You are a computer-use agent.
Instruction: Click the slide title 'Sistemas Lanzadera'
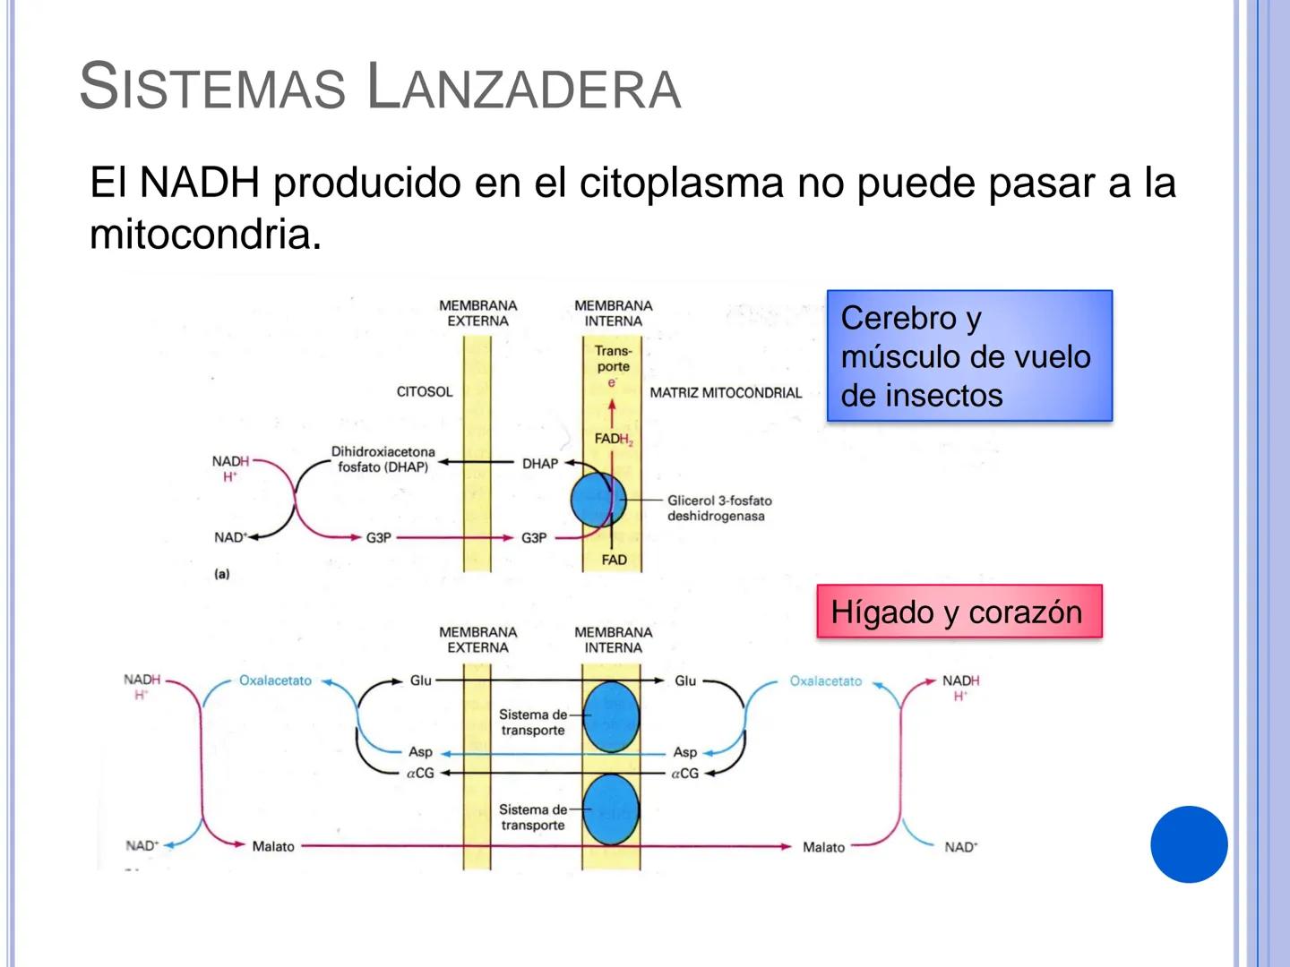[x=380, y=87]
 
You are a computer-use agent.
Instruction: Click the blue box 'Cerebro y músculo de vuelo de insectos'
[x=968, y=356]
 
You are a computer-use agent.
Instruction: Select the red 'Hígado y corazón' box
[x=959, y=612]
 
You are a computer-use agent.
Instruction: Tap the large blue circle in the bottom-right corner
[x=1189, y=844]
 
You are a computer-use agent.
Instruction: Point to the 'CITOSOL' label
[x=425, y=391]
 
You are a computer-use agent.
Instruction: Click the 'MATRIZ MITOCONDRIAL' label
[x=726, y=392]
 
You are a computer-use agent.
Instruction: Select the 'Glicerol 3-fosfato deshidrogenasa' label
[x=718, y=509]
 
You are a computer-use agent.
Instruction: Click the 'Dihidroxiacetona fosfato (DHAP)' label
[x=383, y=459]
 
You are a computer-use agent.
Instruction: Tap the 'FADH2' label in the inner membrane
[x=613, y=439]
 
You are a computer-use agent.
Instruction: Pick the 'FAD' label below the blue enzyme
[x=614, y=560]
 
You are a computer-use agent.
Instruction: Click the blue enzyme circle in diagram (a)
[x=598, y=501]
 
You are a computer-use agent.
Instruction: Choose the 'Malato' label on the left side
[x=273, y=846]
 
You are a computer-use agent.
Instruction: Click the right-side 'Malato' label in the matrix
[x=823, y=847]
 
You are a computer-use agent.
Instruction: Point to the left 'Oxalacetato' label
[x=275, y=680]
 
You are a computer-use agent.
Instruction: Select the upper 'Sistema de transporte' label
[x=533, y=723]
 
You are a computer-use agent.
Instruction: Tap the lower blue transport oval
[x=612, y=809]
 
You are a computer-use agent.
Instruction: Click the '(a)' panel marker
[x=222, y=574]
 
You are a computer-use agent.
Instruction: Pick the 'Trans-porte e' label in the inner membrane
[x=613, y=365]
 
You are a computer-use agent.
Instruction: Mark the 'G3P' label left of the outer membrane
[x=378, y=538]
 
